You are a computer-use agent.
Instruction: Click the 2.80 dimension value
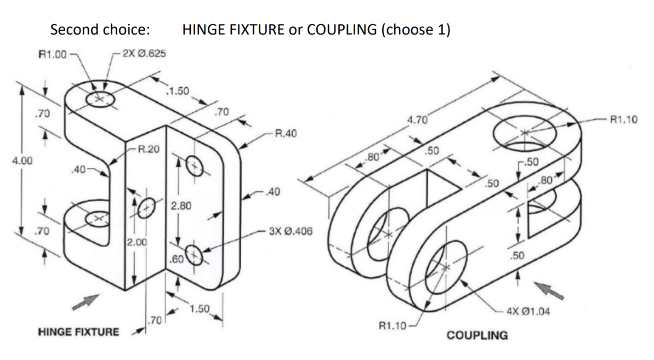coord(181,206)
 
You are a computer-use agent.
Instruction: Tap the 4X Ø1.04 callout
coord(528,312)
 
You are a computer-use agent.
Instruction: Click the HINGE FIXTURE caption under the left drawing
coord(78,332)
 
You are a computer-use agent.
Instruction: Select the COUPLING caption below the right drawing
coord(477,335)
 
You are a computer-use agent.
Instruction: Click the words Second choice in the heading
coord(100,30)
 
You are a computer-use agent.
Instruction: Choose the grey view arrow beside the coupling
coord(549,290)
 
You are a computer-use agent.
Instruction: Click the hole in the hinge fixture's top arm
coord(100,99)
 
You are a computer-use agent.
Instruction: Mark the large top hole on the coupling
coord(525,132)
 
